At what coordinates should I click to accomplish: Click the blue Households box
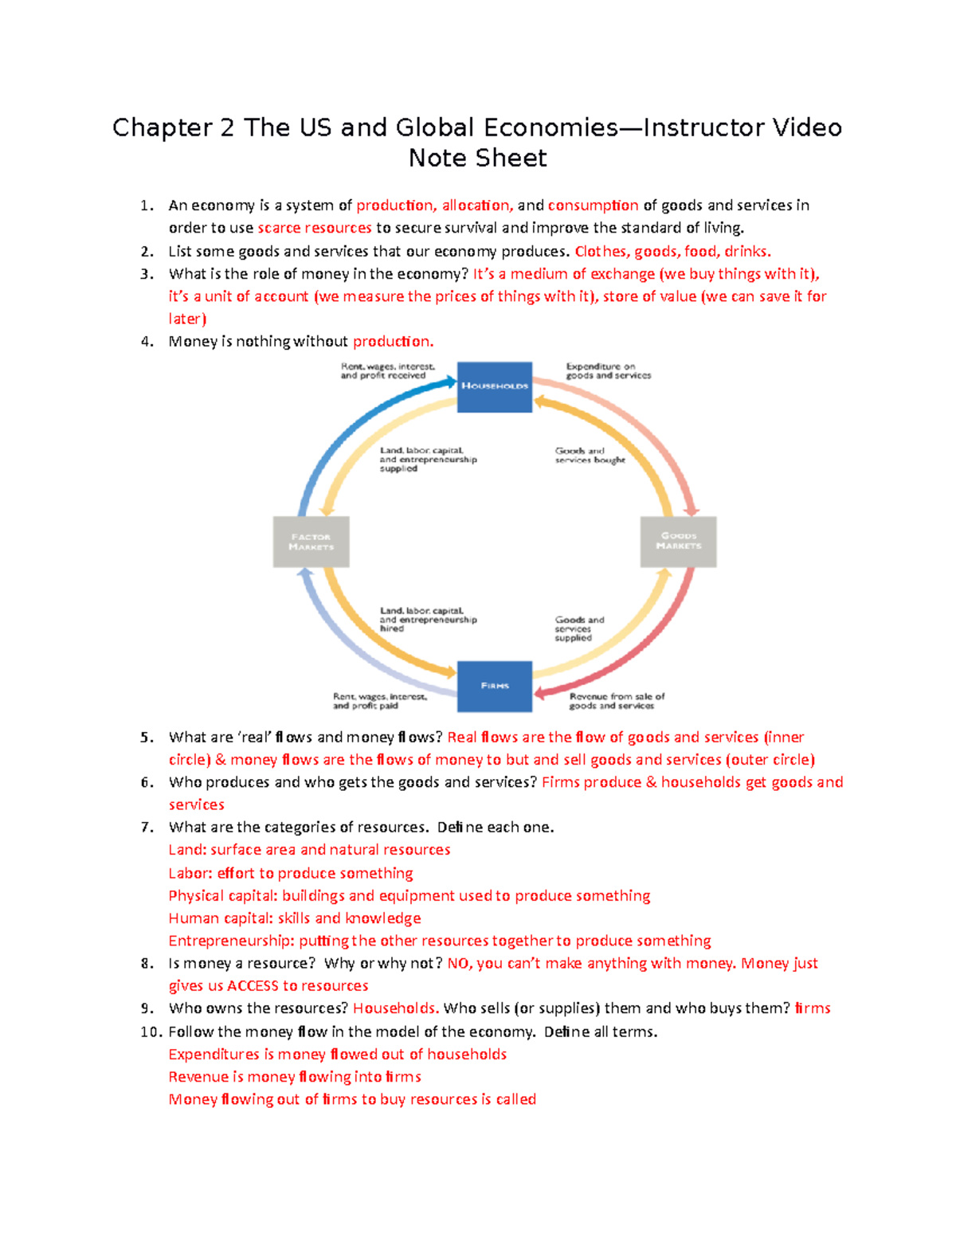(494, 386)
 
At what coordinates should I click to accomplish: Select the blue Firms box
(494, 686)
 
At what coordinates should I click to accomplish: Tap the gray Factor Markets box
(311, 542)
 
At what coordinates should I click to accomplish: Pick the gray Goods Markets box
(678, 542)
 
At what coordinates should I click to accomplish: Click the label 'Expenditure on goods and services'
(608, 371)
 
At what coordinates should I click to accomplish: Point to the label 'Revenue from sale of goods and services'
(616, 701)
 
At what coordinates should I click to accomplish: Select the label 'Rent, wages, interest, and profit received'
(387, 371)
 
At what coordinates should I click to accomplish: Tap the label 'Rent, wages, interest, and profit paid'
(379, 701)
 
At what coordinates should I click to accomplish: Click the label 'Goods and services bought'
(590, 456)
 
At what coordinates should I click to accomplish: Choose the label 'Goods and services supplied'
(579, 628)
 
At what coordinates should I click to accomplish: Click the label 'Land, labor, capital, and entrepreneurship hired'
(428, 620)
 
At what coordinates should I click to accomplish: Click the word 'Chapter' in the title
(162, 127)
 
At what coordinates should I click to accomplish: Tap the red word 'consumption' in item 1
(593, 206)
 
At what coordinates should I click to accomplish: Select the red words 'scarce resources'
(314, 228)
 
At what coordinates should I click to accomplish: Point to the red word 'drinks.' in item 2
(747, 252)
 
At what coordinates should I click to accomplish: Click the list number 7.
(147, 828)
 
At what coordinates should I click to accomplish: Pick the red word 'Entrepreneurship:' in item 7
(231, 941)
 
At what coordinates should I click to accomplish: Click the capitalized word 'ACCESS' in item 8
(253, 986)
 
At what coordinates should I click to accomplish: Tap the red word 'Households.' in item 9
(395, 1008)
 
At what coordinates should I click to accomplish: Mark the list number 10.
(151, 1032)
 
